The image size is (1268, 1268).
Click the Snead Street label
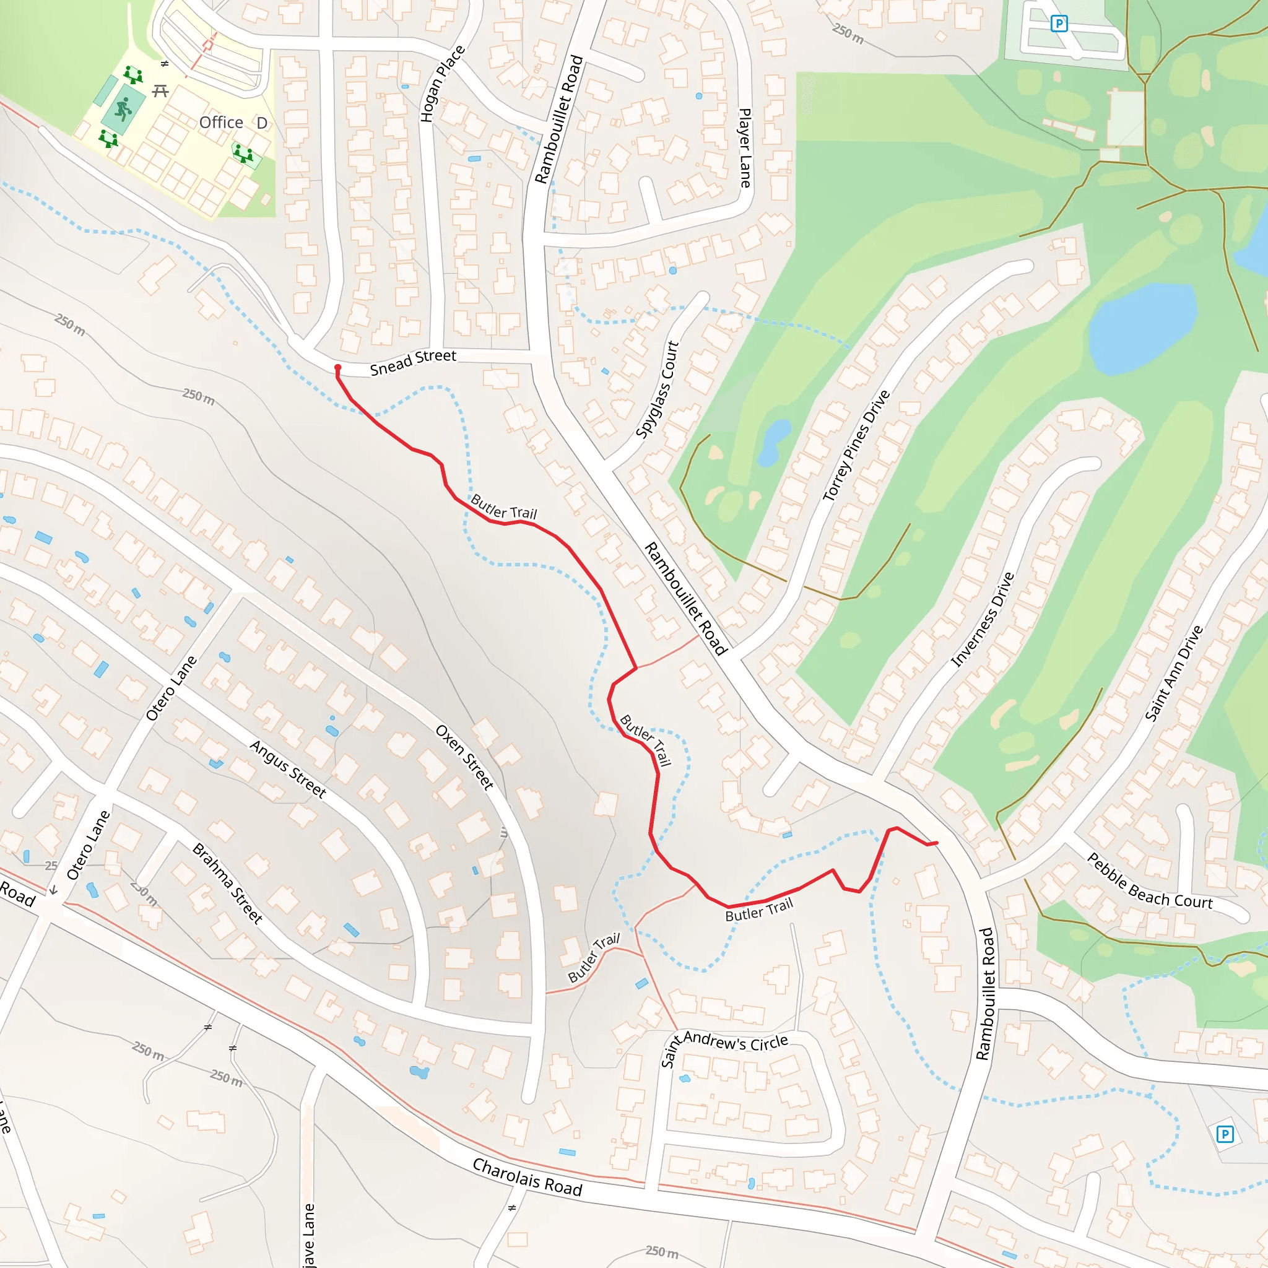[x=413, y=362]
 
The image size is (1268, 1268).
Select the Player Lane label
[x=745, y=149]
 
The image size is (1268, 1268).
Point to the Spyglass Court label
[x=657, y=389]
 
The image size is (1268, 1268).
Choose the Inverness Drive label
[x=983, y=620]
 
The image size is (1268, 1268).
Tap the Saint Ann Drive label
[x=1174, y=673]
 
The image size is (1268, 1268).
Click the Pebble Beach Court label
[x=1150, y=882]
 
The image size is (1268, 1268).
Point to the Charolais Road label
[x=527, y=1178]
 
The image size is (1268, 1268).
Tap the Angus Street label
[x=288, y=768]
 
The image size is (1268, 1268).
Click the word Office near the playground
[x=221, y=123]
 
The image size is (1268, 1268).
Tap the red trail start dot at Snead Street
[x=338, y=368]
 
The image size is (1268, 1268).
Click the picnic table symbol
[x=160, y=90]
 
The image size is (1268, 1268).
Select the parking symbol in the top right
[x=1059, y=24]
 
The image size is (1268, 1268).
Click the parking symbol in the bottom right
[x=1225, y=1134]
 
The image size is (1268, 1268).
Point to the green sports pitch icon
[x=123, y=109]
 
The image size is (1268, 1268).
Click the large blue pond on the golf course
[x=1142, y=328]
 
